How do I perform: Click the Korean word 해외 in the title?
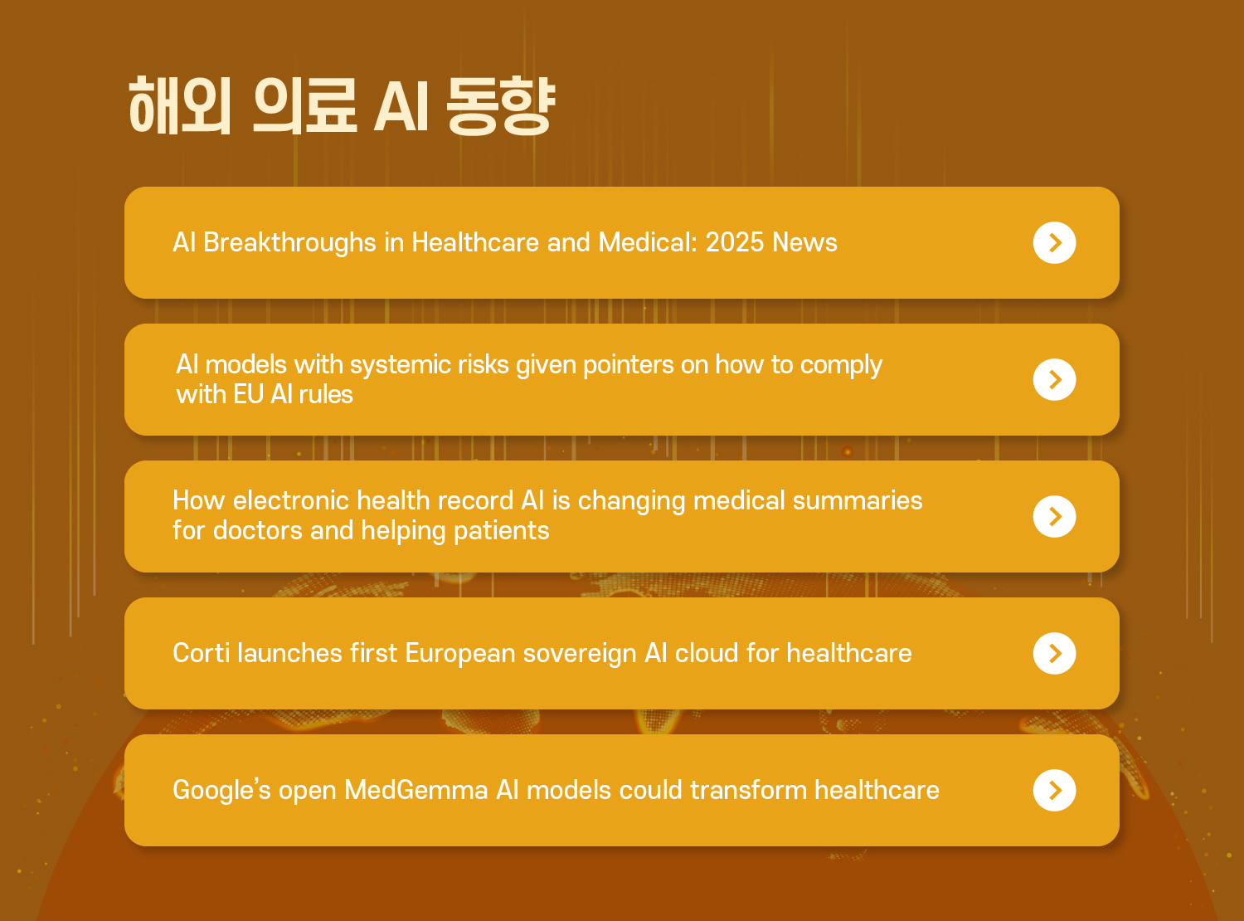coord(179,105)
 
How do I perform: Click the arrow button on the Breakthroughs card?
coord(1054,242)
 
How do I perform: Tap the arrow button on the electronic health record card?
coord(1054,516)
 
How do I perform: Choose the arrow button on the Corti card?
coord(1054,653)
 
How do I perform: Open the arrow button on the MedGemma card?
coord(1054,790)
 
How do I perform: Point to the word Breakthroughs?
coord(289,243)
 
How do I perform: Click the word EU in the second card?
coord(248,395)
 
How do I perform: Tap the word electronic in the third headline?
coord(291,500)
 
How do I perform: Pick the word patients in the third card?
coord(502,531)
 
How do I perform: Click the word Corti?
coord(202,653)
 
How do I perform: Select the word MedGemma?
coord(416,790)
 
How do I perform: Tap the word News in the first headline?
coord(804,242)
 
